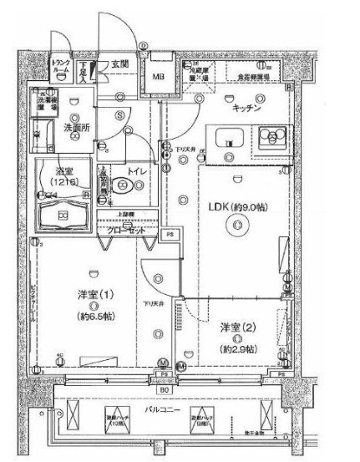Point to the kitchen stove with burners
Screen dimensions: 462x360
tap(272, 135)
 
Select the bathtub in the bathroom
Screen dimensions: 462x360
tap(63, 216)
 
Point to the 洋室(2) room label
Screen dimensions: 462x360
tap(236, 327)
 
